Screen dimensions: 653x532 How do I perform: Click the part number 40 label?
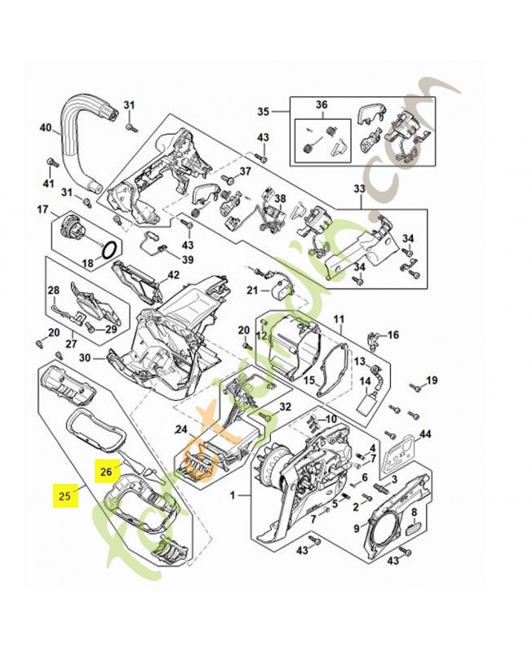click(46, 127)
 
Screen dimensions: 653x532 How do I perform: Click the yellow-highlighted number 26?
click(106, 471)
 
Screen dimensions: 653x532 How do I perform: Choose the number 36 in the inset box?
click(321, 104)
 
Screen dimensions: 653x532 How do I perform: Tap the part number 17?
click(43, 210)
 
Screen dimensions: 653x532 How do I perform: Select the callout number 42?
click(173, 274)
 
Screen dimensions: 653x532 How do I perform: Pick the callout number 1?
click(233, 495)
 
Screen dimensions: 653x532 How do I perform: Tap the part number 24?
click(181, 429)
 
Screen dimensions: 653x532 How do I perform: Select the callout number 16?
click(393, 335)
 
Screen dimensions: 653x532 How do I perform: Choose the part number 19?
click(432, 380)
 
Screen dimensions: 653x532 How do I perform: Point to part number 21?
click(252, 290)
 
